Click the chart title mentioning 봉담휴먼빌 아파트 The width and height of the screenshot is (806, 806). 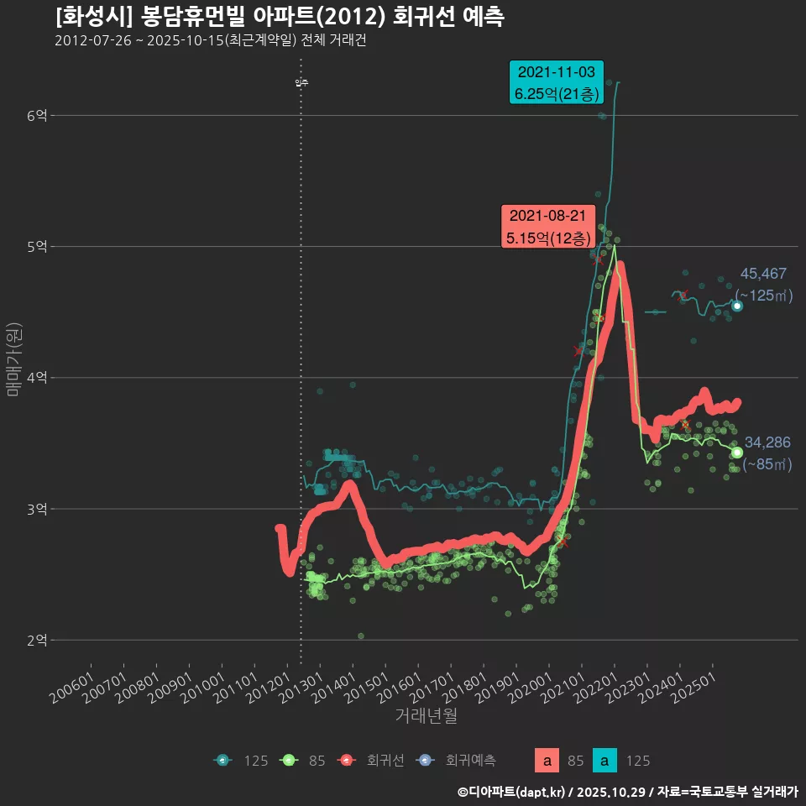pyautogui.click(x=280, y=17)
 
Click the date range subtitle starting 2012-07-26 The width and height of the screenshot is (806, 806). pyautogui.click(x=210, y=41)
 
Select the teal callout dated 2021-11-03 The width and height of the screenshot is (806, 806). pyautogui.click(x=556, y=82)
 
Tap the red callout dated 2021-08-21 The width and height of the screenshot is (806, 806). pyautogui.click(x=547, y=227)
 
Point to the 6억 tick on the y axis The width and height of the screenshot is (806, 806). pyautogui.click(x=37, y=115)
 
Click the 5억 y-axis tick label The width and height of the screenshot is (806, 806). pyautogui.click(x=37, y=247)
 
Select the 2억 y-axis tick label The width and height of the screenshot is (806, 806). pyautogui.click(x=37, y=641)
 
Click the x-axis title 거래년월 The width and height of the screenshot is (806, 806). pyautogui.click(x=426, y=716)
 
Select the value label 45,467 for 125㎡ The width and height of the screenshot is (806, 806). pyautogui.click(x=763, y=274)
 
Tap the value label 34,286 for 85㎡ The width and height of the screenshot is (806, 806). pyautogui.click(x=767, y=442)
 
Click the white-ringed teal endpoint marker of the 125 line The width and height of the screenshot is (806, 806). pyautogui.click(x=737, y=306)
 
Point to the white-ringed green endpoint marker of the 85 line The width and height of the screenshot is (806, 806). pyautogui.click(x=737, y=453)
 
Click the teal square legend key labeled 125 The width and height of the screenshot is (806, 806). pyautogui.click(x=604, y=761)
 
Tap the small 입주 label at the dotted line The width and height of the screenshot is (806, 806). pyautogui.click(x=301, y=82)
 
